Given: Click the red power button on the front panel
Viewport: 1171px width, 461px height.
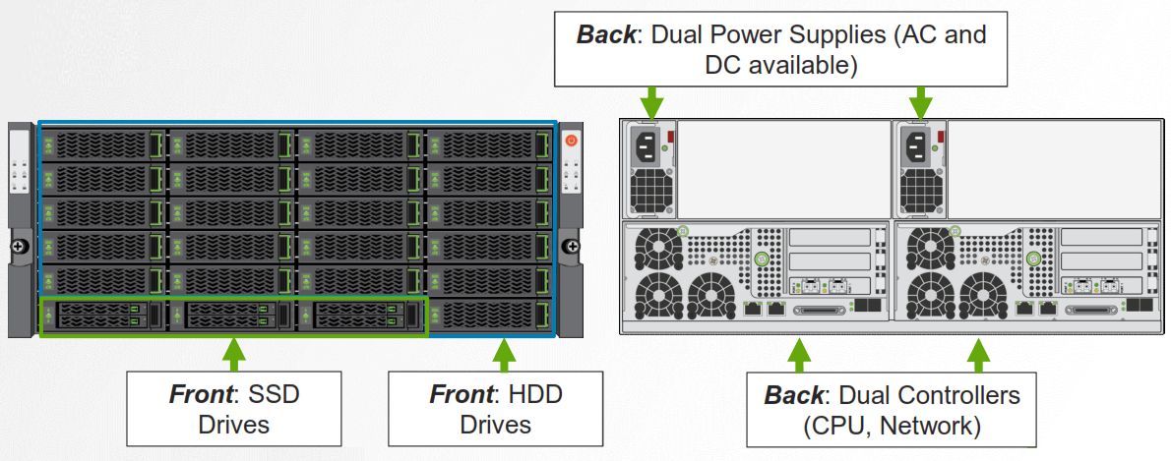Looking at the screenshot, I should [x=571, y=142].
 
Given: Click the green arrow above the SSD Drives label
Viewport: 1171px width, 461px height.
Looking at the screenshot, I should [x=232, y=353].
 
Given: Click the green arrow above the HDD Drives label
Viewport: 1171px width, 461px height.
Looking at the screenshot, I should [x=504, y=353].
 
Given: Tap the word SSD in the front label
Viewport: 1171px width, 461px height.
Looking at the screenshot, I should [x=273, y=394].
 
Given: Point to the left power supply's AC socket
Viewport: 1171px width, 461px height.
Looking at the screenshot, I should [x=650, y=147].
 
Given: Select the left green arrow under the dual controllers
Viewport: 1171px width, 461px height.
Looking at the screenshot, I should [x=799, y=355].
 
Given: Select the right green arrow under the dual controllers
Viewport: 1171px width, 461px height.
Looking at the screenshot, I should [x=978, y=355].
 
